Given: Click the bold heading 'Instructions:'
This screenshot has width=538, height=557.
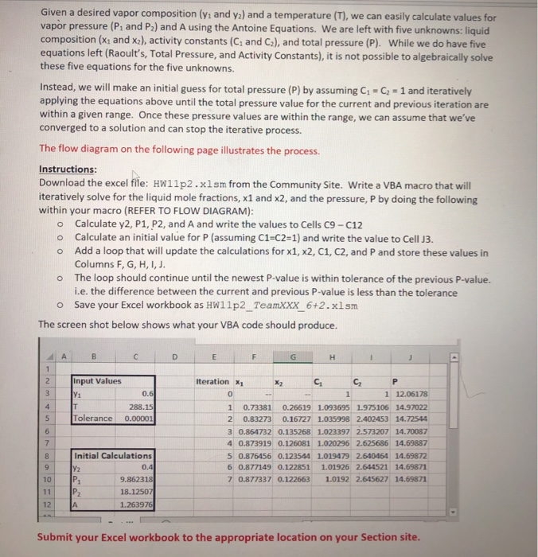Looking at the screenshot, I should pyautogui.click(x=68, y=169).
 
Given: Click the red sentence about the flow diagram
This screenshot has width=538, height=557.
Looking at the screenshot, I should pyautogui.click(x=179, y=150).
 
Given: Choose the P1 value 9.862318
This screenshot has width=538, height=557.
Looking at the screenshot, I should pyautogui.click(x=135, y=480).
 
